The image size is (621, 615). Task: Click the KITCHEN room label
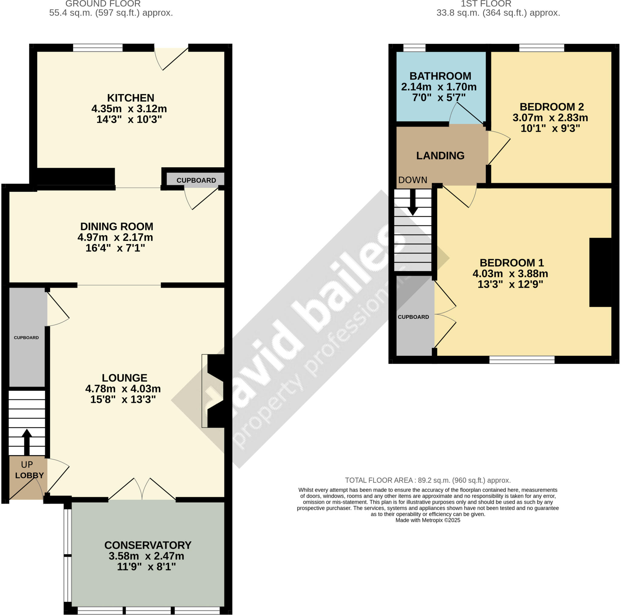130,98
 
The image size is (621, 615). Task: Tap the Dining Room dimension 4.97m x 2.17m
115,237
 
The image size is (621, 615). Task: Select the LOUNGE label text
124,378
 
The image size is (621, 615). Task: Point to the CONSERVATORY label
148,545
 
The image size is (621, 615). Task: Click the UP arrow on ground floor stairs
27,442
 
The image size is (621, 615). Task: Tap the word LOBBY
29,475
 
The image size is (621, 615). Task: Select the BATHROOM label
440,76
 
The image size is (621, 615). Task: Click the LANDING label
440,156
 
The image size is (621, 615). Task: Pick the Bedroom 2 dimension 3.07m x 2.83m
550,118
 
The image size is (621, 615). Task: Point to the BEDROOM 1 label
512,263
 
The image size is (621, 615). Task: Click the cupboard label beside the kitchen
196,181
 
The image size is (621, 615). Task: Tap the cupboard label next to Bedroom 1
413,317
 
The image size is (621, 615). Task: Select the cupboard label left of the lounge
26,338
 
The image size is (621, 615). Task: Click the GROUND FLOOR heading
103,4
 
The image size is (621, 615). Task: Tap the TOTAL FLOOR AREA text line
428,481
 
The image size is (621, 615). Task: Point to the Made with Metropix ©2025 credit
428,520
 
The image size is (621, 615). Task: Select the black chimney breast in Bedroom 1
600,272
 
